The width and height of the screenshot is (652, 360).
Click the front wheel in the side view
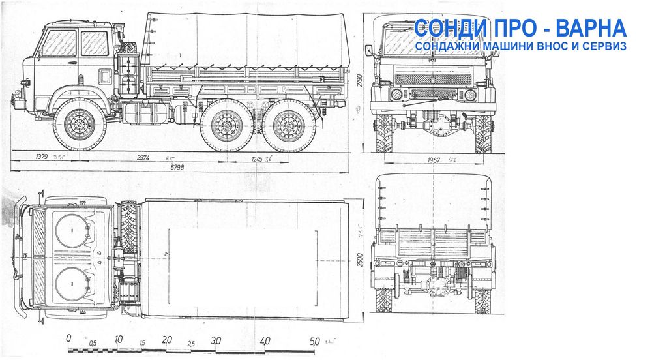[x=79, y=124]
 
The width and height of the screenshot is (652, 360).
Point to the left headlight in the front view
[x=396, y=95]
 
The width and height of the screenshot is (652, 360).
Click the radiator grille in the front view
[x=433, y=79]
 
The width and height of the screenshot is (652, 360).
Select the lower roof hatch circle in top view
[x=70, y=286]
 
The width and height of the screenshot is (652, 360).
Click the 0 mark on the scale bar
[x=69, y=340]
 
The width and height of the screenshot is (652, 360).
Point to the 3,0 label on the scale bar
[x=216, y=340]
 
